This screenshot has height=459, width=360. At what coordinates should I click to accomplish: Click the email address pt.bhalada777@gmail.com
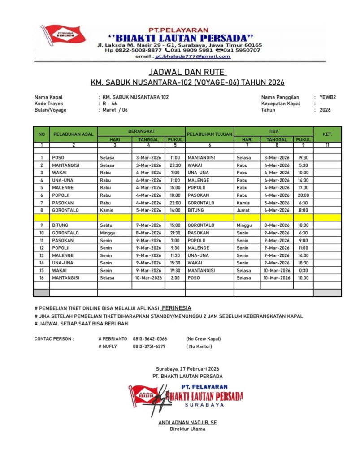point(192,56)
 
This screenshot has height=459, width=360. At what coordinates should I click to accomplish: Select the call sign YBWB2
point(325,97)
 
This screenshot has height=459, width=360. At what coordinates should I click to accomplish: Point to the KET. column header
point(327,134)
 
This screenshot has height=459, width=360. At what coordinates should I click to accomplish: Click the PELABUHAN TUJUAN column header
point(209,134)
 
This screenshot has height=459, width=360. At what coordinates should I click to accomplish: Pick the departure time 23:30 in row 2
point(175,165)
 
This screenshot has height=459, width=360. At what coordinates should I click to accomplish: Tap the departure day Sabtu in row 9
point(106,225)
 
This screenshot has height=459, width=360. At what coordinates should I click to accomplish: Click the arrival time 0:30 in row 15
point(303,270)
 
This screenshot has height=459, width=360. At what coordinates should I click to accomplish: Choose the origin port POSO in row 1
point(58,157)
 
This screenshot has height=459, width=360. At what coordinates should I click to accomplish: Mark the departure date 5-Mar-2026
point(148,210)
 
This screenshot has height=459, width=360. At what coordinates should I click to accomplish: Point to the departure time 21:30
point(175,233)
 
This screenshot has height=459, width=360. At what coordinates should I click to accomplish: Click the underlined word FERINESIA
point(176,308)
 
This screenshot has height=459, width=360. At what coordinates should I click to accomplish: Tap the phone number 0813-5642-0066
point(150,339)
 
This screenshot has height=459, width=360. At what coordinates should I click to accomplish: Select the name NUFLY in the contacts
point(109,346)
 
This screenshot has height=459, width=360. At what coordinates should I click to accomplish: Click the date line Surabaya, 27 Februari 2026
point(187,368)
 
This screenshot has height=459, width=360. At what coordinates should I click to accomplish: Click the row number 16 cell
point(41,278)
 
